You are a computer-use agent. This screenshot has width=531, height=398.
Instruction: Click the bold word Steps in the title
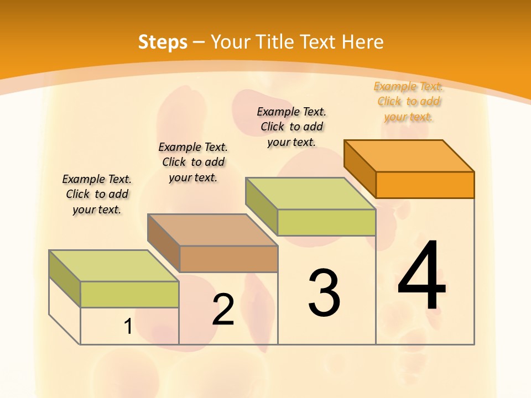point(162,42)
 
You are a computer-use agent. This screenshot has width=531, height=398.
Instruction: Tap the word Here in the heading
point(363,42)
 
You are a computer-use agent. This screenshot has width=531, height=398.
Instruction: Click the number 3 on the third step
point(324,293)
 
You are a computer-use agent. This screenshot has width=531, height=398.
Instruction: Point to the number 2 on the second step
point(223,310)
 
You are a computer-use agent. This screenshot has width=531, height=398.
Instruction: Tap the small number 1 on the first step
point(128,327)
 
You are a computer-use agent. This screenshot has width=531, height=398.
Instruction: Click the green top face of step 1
point(114,266)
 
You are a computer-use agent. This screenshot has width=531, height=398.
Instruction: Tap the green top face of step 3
point(311,193)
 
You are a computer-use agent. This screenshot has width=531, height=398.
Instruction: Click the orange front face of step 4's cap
point(425,185)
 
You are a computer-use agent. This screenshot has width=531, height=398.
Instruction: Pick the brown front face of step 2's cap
point(228,259)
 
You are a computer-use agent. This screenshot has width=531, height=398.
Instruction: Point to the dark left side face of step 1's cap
point(65,279)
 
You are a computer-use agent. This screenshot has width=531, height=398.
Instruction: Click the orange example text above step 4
point(409,102)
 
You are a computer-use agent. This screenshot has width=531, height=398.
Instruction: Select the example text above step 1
point(97,195)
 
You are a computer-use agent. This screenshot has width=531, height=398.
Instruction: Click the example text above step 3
point(291,127)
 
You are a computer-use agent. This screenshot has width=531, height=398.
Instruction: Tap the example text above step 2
point(193,162)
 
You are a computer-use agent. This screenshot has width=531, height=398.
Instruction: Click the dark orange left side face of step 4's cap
point(360,169)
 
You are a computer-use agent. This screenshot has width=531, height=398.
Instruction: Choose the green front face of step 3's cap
point(326,222)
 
